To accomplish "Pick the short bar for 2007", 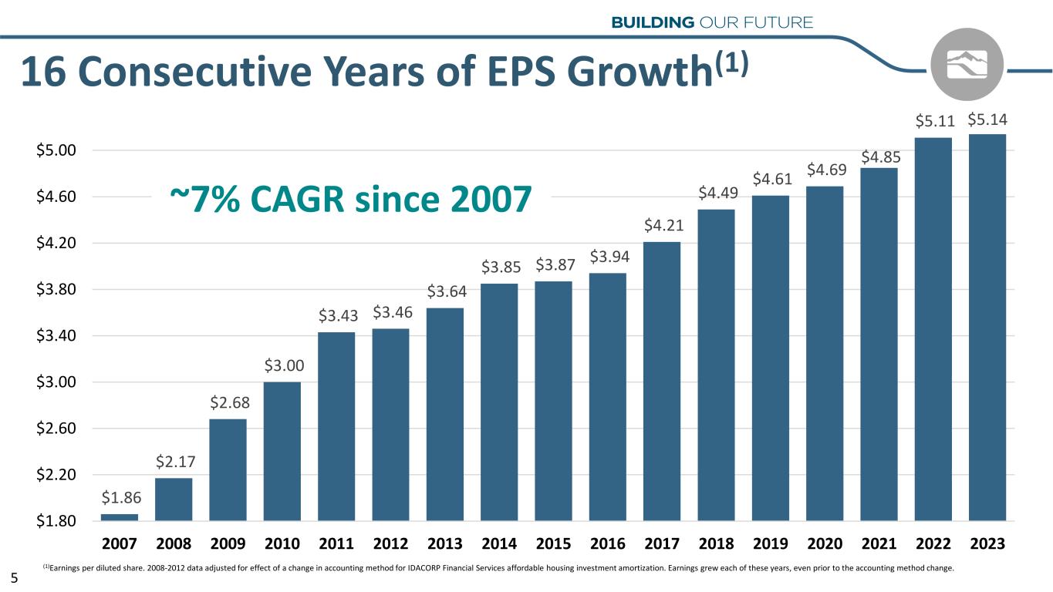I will coord(120,516).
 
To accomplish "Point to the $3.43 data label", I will coord(336,316).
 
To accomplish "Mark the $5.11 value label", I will coord(933,122).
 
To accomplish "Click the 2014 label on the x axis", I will coord(499,544).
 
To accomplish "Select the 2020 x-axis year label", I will coord(825,544).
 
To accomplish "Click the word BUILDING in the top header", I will coord(653,22).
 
